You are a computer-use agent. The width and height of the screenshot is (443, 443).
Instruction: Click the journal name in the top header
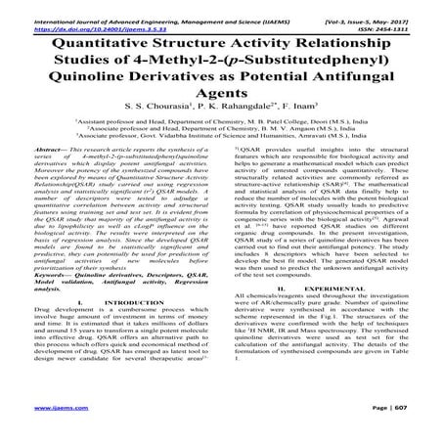pyautogui.click(x=147, y=6)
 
